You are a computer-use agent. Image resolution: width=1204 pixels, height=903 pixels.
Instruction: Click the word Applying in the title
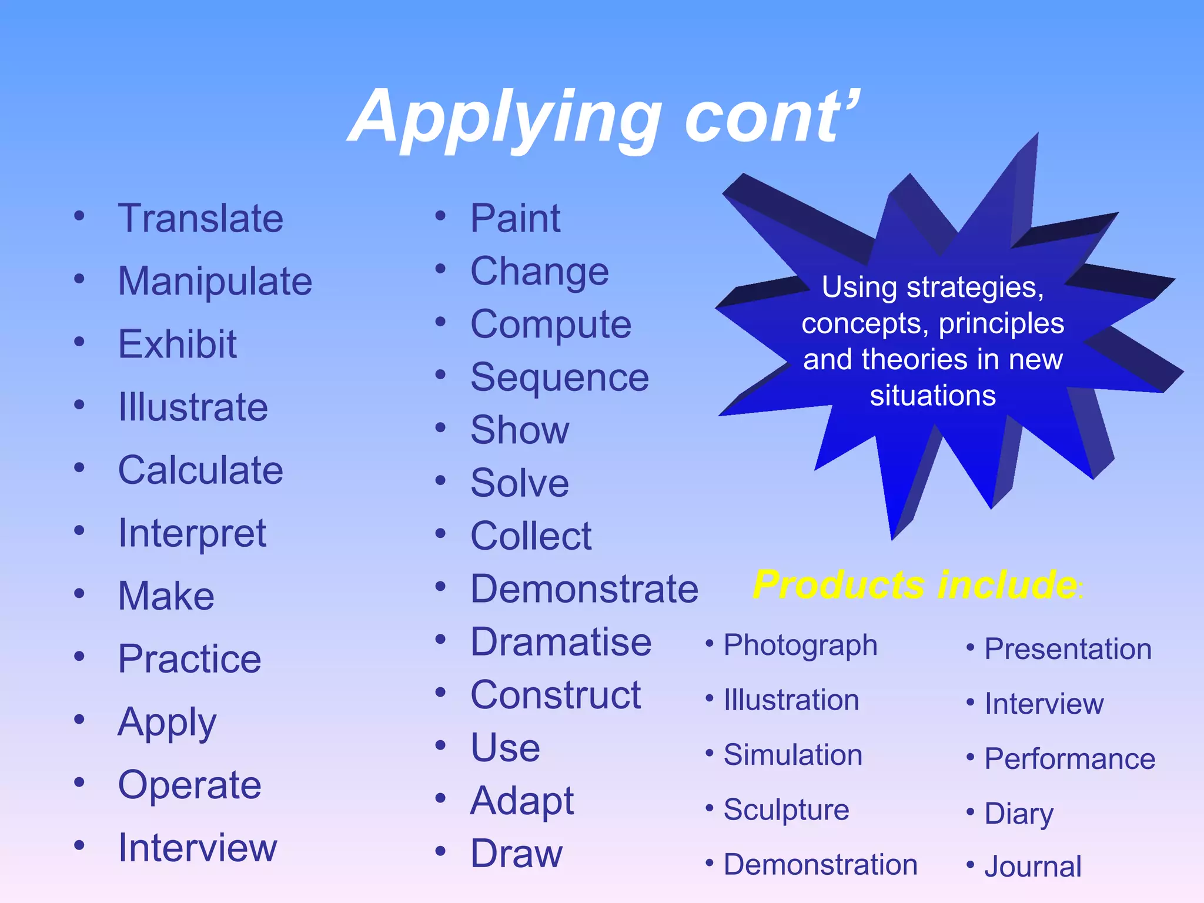pos(506,118)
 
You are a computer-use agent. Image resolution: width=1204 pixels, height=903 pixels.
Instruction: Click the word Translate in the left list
pos(200,219)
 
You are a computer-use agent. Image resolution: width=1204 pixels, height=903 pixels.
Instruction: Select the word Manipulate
pos(215,282)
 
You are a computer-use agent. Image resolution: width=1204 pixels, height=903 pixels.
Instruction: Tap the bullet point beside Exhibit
pos(79,342)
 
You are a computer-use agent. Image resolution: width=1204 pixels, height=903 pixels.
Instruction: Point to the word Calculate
pos(200,470)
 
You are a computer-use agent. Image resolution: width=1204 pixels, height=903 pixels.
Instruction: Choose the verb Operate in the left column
pos(189,785)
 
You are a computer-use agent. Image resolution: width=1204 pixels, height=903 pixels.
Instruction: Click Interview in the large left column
pos(197,848)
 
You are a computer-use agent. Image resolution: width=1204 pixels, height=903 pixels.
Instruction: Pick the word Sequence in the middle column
pos(559,377)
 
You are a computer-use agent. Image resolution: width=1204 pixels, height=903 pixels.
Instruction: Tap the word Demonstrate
pos(584,589)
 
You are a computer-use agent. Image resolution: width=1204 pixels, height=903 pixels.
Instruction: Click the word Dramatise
pos(560,642)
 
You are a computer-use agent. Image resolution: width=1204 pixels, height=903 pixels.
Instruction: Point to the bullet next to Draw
pos(440,851)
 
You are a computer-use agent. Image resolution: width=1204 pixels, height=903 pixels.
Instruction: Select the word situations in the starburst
pos(932,396)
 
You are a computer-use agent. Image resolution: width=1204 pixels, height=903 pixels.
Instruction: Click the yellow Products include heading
pos(915,585)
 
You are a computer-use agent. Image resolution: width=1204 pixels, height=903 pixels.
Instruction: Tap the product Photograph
pos(800,646)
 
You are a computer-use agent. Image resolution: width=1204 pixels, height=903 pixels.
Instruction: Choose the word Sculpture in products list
pos(786,810)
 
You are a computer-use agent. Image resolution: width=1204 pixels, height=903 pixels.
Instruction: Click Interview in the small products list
pos(1044,704)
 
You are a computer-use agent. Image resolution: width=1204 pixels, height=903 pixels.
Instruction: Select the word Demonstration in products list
pos(820,865)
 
